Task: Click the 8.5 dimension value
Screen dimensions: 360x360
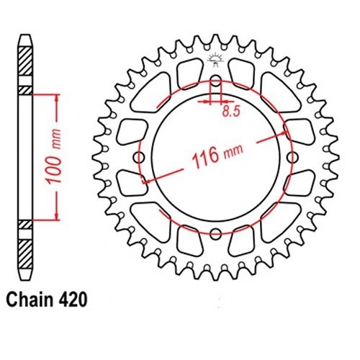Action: point(231,111)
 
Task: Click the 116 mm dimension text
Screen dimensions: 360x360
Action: point(217,155)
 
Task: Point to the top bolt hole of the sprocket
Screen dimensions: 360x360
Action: point(216,81)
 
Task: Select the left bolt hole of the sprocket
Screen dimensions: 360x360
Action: point(139,158)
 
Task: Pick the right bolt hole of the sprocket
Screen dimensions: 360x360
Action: point(292,158)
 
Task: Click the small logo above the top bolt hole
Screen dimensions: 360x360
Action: point(215,60)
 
